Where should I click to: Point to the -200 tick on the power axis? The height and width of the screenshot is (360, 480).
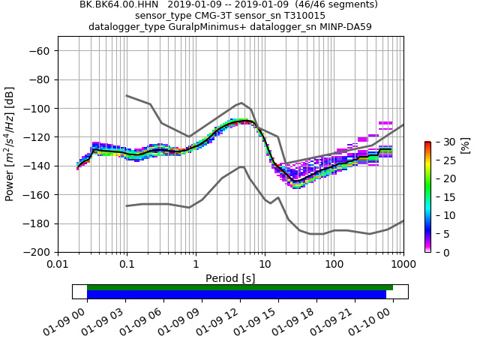coord(37,253)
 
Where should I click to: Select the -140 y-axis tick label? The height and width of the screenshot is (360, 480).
coord(37,166)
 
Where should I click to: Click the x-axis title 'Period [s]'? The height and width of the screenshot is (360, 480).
coord(230,278)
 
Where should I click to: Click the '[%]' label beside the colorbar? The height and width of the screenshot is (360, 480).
coord(464,145)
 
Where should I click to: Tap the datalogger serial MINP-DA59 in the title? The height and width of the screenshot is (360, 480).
coord(346,27)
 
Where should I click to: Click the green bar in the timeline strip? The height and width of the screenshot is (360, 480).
coord(240,287)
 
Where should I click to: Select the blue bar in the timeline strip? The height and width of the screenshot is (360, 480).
coord(236,295)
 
